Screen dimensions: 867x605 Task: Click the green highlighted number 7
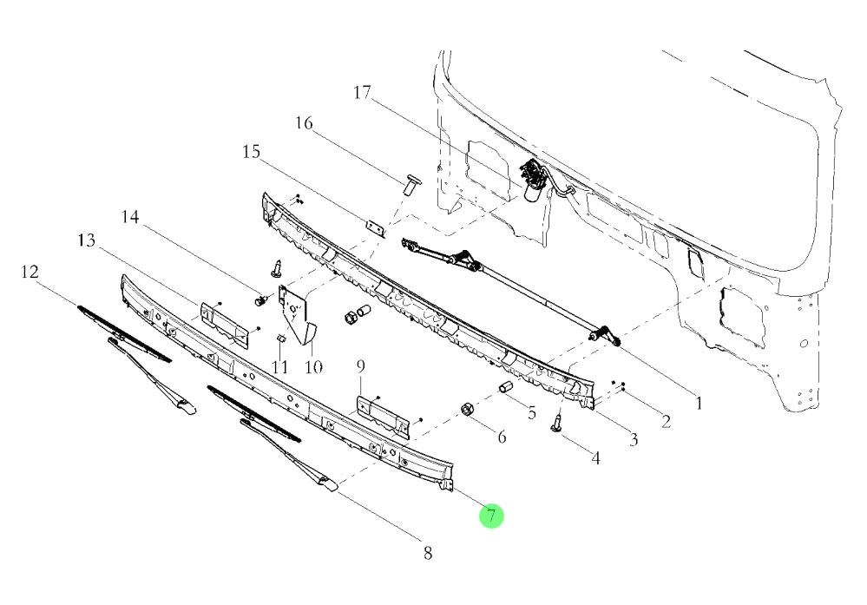(491, 516)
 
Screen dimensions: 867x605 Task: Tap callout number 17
(362, 92)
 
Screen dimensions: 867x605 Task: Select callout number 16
(304, 122)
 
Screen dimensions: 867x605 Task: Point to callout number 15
(251, 152)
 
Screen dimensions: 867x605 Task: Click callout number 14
(130, 217)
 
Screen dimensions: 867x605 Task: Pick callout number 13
(87, 240)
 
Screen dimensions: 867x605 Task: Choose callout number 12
(30, 272)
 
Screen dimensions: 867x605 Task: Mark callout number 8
(427, 552)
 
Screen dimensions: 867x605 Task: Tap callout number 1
(699, 403)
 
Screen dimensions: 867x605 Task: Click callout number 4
(595, 458)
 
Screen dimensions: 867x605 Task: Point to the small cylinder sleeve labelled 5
(507, 387)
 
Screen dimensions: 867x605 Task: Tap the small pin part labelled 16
(409, 185)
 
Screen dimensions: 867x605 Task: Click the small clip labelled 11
(279, 339)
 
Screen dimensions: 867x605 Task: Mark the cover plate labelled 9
(384, 417)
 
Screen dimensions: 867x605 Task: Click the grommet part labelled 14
(260, 301)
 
